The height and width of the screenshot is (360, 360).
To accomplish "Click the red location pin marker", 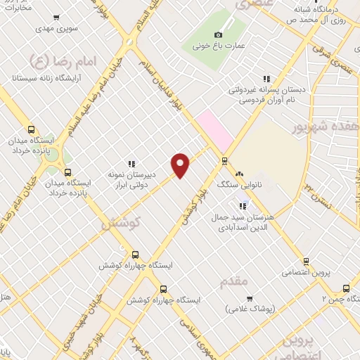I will [x=181, y=165].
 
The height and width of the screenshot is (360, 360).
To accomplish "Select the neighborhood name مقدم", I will [x=234, y=281].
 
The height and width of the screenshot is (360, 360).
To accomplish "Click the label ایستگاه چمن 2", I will [x=340, y=299].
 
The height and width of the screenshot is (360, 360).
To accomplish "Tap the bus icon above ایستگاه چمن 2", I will [x=345, y=287].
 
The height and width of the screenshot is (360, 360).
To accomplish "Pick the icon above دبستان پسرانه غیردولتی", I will [x=266, y=79].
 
